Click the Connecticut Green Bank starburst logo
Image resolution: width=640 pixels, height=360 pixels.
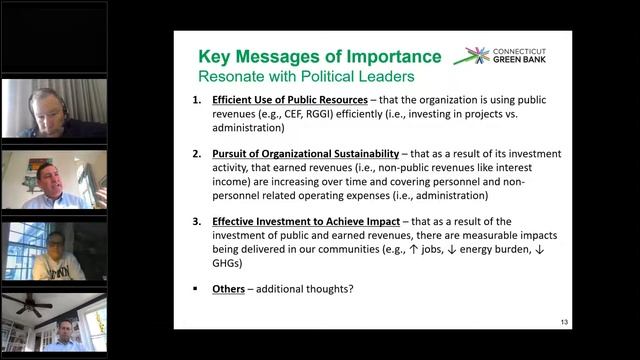[473, 55]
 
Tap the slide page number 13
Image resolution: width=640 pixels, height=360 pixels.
[564, 321]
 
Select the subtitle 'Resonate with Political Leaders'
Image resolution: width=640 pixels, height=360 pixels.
[296, 75]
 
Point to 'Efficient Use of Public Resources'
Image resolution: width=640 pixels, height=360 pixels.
[281, 102]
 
